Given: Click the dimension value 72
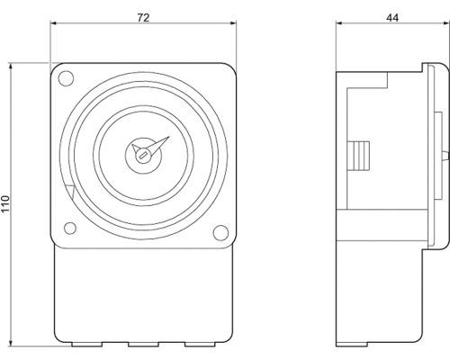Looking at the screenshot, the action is click(143, 18).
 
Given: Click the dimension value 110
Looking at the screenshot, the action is click(5, 203).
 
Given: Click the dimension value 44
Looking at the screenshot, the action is click(392, 18).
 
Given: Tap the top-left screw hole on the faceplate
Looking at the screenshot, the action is click(66, 78).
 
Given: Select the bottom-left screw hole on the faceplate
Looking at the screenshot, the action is click(70, 228).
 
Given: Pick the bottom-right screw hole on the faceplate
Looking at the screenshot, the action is click(220, 233).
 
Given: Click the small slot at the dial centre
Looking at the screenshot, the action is click(143, 156).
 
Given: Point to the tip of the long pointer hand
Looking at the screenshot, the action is click(169, 137).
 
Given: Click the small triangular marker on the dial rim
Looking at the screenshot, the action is click(70, 192).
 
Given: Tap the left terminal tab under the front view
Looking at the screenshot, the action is click(87, 345).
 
